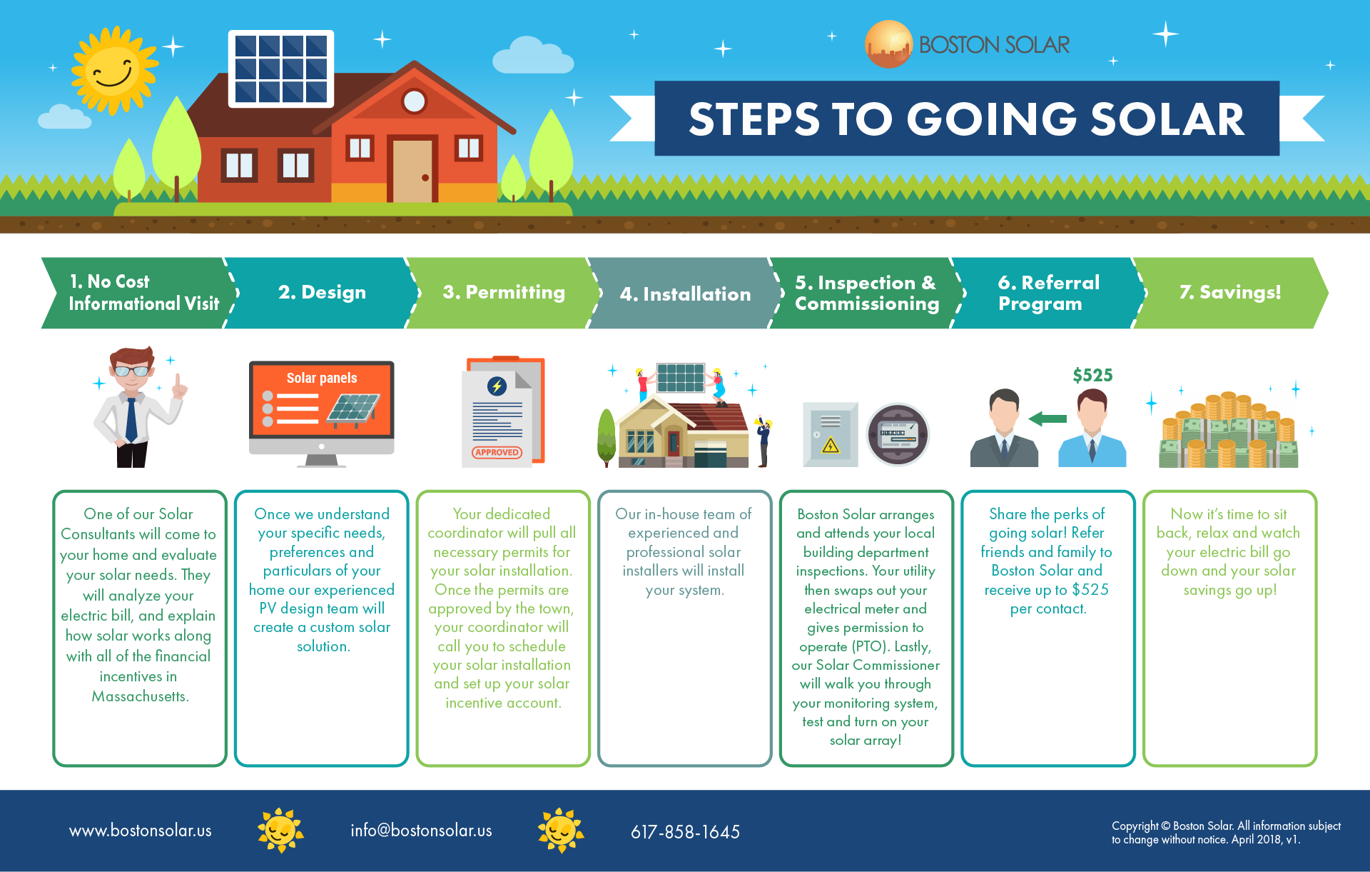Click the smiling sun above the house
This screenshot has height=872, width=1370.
[114, 70]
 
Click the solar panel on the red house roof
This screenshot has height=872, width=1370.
[281, 69]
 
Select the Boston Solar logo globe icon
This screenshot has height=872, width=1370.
[888, 44]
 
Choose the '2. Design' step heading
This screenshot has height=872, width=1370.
[322, 292]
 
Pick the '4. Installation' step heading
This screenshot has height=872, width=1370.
[685, 294]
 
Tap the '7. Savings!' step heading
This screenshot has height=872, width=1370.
[1230, 292]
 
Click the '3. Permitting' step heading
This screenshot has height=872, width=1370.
[504, 292]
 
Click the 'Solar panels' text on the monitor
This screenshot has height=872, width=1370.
[322, 378]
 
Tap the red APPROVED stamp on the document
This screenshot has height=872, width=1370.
[497, 452]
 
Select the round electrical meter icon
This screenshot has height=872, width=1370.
[898, 434]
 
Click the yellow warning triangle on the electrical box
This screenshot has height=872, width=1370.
[831, 446]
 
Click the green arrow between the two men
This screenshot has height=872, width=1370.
[1047, 419]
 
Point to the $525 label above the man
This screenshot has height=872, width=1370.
[1092, 375]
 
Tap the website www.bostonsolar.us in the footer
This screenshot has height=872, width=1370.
[141, 831]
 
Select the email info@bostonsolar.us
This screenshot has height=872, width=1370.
[421, 831]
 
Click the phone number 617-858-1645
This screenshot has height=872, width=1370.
[685, 832]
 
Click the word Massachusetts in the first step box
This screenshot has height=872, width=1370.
[140, 696]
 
